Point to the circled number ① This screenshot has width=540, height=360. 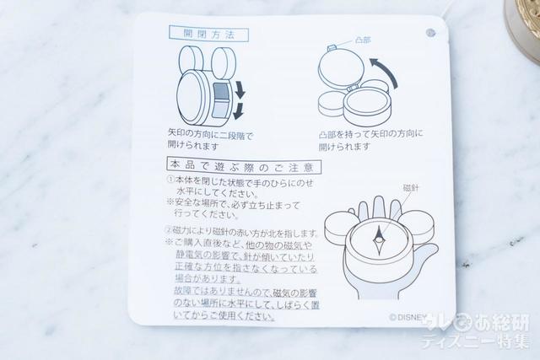tap(170, 180)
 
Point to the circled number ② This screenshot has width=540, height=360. tap(170, 233)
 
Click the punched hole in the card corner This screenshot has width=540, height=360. tap(430, 34)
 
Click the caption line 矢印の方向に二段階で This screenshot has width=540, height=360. tap(210, 134)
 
